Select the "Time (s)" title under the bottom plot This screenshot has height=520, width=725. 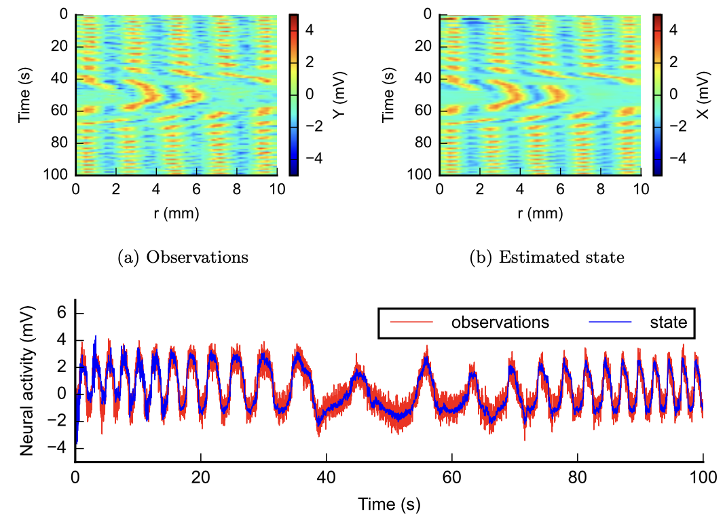coord(389,504)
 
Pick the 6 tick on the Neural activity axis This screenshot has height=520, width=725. coord(60,314)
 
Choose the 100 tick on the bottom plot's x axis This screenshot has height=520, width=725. coord(703,477)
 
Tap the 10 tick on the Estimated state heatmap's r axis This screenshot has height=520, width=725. coord(640,189)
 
